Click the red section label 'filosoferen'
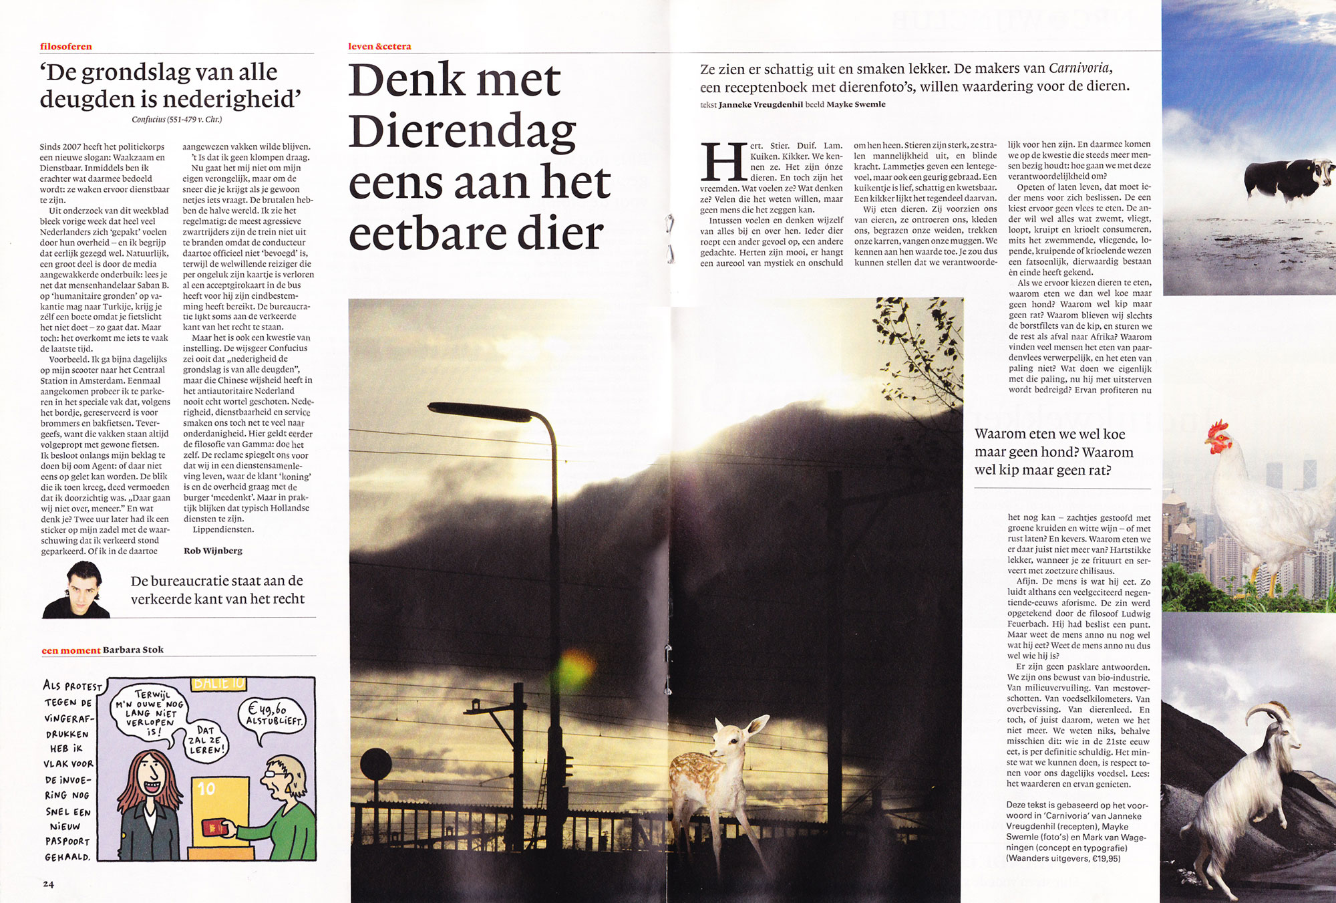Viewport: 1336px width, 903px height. click(x=65, y=46)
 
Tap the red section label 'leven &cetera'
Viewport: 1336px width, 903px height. click(x=379, y=46)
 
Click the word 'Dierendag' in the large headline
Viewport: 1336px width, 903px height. click(x=462, y=130)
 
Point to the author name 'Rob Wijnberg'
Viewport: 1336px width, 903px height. click(x=212, y=551)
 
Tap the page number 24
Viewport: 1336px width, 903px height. click(x=48, y=884)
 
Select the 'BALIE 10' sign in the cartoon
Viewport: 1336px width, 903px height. click(x=219, y=683)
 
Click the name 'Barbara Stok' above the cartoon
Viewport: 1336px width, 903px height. click(x=133, y=650)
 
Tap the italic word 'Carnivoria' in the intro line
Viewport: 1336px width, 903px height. click(x=1079, y=68)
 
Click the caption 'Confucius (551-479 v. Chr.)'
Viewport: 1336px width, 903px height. click(x=176, y=120)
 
